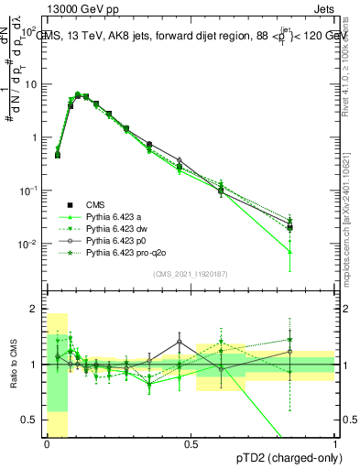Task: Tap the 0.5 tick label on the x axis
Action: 191,444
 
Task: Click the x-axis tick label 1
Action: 335,444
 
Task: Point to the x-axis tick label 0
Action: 47,444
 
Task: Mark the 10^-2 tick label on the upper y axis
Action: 30,244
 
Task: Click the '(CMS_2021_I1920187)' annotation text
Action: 191,273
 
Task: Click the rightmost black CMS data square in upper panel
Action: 289,227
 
